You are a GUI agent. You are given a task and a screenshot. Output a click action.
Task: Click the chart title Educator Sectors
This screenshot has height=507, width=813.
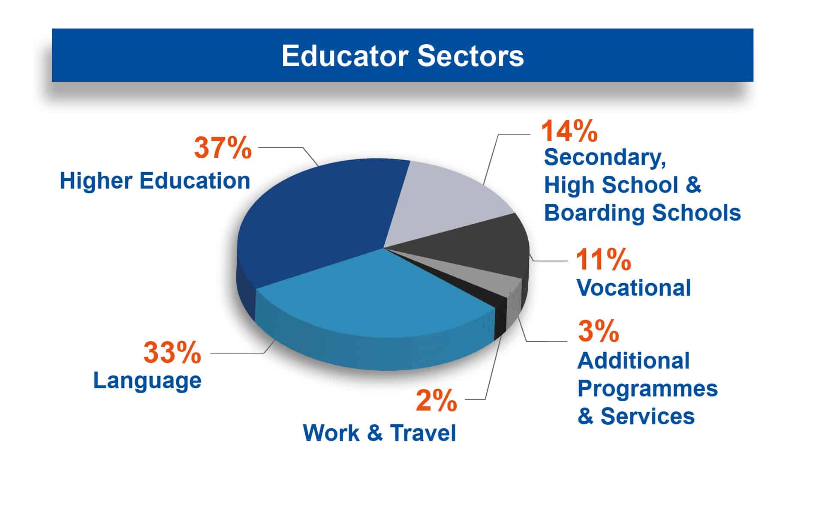coord(403,55)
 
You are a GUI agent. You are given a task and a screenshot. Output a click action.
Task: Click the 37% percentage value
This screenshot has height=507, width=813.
coord(223,147)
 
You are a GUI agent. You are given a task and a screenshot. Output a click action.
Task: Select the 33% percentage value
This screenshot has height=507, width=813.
coord(172,352)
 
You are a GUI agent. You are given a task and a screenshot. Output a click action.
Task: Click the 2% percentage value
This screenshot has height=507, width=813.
coord(437,400)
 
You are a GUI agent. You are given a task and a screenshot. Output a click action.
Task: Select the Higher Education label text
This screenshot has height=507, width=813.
coord(155,180)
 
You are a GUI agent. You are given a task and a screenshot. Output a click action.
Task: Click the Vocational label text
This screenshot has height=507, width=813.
coord(634,287)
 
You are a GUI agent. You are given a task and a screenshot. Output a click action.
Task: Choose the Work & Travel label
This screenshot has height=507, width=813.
coord(379,432)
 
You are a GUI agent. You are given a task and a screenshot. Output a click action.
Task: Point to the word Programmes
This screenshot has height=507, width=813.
coord(647,389)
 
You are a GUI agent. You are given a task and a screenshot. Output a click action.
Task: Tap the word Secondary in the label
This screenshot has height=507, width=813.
coord(605,158)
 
